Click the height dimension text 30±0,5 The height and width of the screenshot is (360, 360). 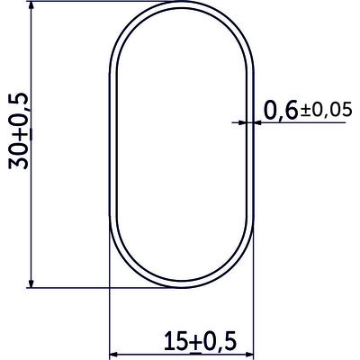point(19,130)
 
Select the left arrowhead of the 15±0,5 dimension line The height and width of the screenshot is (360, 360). point(114,354)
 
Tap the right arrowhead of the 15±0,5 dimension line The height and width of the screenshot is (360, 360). point(248,354)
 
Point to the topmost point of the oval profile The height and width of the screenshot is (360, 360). point(181,10)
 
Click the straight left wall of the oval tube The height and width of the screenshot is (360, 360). point(111,148)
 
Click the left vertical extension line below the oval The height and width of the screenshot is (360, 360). point(108,315)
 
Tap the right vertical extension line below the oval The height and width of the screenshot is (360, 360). point(255,315)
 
